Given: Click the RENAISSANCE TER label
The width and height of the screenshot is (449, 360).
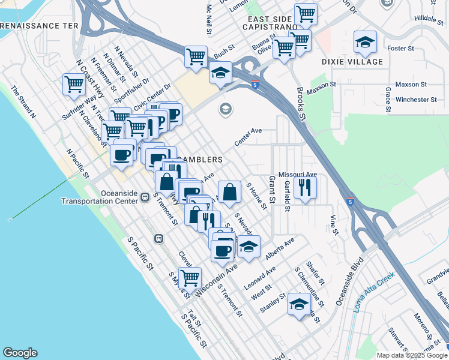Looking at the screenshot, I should [40, 26].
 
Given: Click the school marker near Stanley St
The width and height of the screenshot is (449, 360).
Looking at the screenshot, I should [299, 304].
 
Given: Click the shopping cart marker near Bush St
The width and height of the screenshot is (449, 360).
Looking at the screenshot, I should [196, 56].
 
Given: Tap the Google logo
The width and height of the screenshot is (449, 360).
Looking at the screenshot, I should [20, 353].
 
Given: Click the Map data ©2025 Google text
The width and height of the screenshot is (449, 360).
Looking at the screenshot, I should [412, 355].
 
